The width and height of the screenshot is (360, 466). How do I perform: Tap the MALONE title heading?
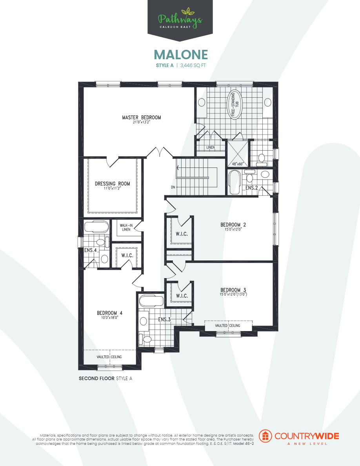[180, 55]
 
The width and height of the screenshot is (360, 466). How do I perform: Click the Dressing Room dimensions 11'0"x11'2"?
[112, 188]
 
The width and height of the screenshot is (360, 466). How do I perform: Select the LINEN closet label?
[211, 147]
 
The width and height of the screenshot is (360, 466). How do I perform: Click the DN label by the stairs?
[173, 187]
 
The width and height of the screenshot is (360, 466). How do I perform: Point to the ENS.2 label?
[252, 188]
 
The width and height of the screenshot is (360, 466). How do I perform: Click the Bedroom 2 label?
[233, 225]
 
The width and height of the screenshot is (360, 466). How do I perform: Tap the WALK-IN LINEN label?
[125, 227]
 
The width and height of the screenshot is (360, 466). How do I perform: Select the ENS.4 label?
[90, 250]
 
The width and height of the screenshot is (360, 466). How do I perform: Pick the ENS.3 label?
[164, 320]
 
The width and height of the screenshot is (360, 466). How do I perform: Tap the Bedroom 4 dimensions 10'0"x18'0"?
[109, 318]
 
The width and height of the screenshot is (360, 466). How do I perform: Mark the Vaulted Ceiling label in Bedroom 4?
[109, 357]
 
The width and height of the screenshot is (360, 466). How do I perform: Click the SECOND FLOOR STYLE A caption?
[105, 379]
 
